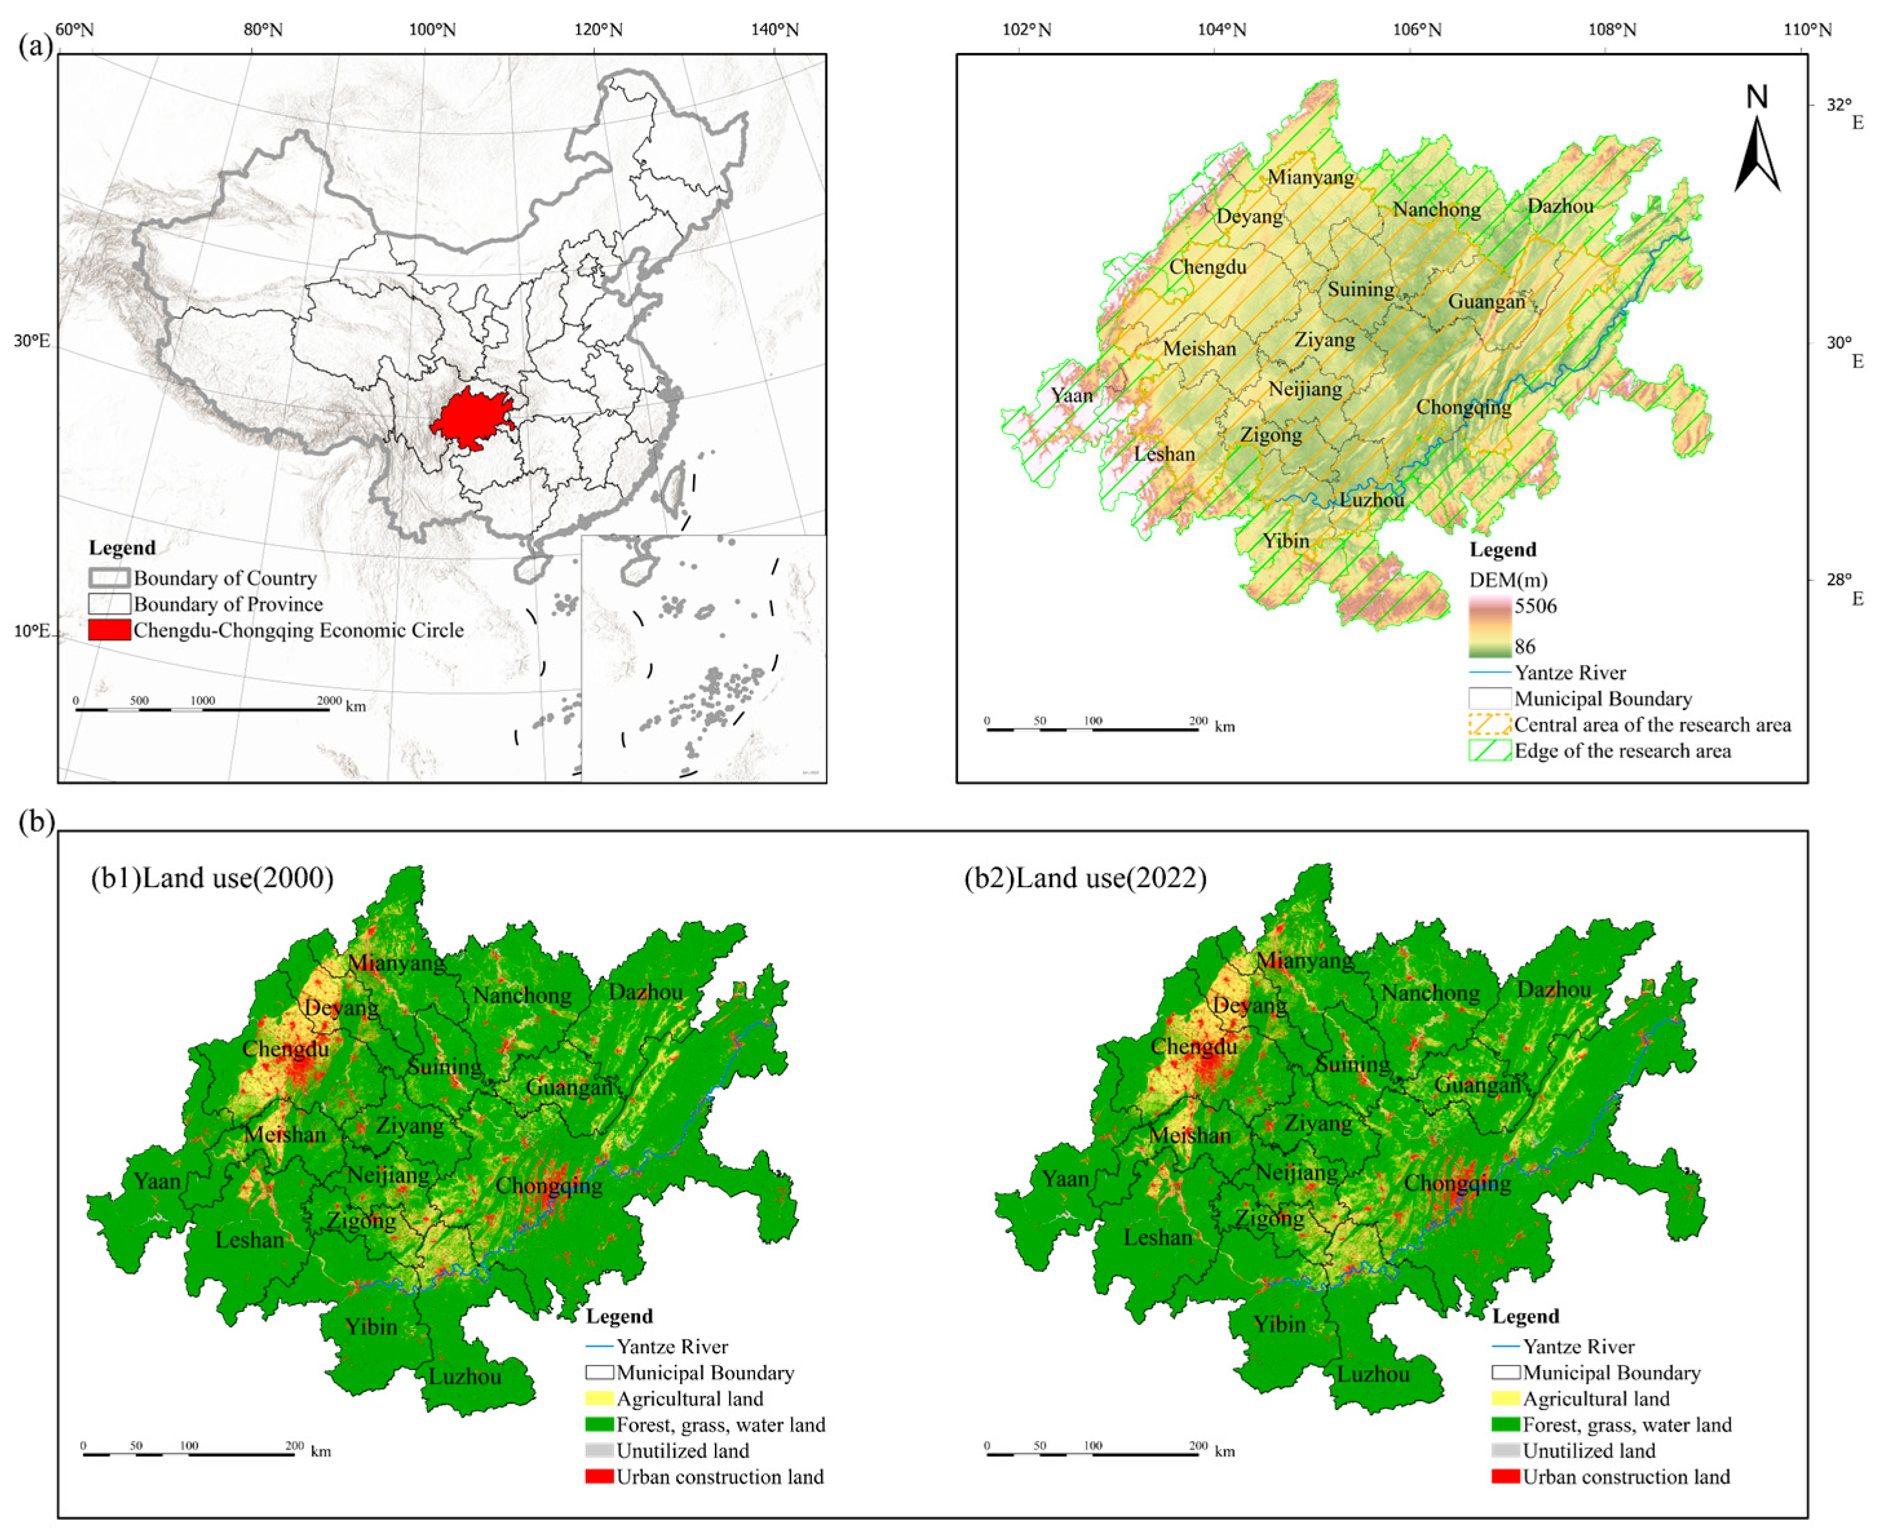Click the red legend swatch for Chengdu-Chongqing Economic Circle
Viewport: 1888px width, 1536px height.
coord(109,630)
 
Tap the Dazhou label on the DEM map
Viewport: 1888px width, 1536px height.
coord(1560,206)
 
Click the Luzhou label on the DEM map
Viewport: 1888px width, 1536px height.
coord(1371,500)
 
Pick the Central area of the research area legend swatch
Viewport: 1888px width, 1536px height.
coord(1489,724)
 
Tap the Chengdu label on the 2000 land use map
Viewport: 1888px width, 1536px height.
coord(285,1049)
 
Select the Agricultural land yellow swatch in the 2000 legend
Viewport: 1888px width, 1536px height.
coord(599,1399)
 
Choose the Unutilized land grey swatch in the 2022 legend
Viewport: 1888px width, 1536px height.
coord(1506,1451)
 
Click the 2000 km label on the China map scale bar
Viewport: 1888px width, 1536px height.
coord(329,701)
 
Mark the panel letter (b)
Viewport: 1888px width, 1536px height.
coord(36,822)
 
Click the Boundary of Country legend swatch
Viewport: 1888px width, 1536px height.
coord(109,578)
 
